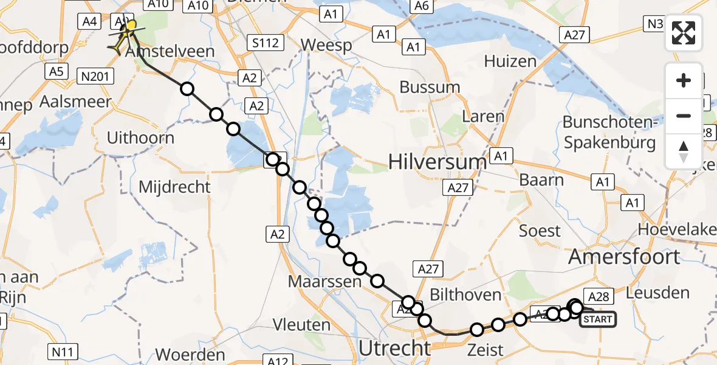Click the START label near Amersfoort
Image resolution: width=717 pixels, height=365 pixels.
(598, 319)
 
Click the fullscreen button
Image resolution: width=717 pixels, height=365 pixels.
(684, 33)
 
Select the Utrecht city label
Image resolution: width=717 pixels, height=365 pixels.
(395, 349)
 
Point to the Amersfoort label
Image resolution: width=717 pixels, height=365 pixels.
(624, 257)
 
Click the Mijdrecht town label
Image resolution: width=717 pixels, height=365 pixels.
(174, 187)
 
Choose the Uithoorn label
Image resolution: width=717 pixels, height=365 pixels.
(140, 138)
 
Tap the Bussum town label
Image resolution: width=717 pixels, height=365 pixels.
(430, 87)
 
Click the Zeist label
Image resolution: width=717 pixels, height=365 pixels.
(485, 350)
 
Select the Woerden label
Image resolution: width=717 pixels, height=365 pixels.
(191, 355)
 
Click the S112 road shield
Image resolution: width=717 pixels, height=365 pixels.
(266, 43)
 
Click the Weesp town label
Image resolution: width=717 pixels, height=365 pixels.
(326, 46)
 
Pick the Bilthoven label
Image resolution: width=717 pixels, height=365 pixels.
(465, 295)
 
